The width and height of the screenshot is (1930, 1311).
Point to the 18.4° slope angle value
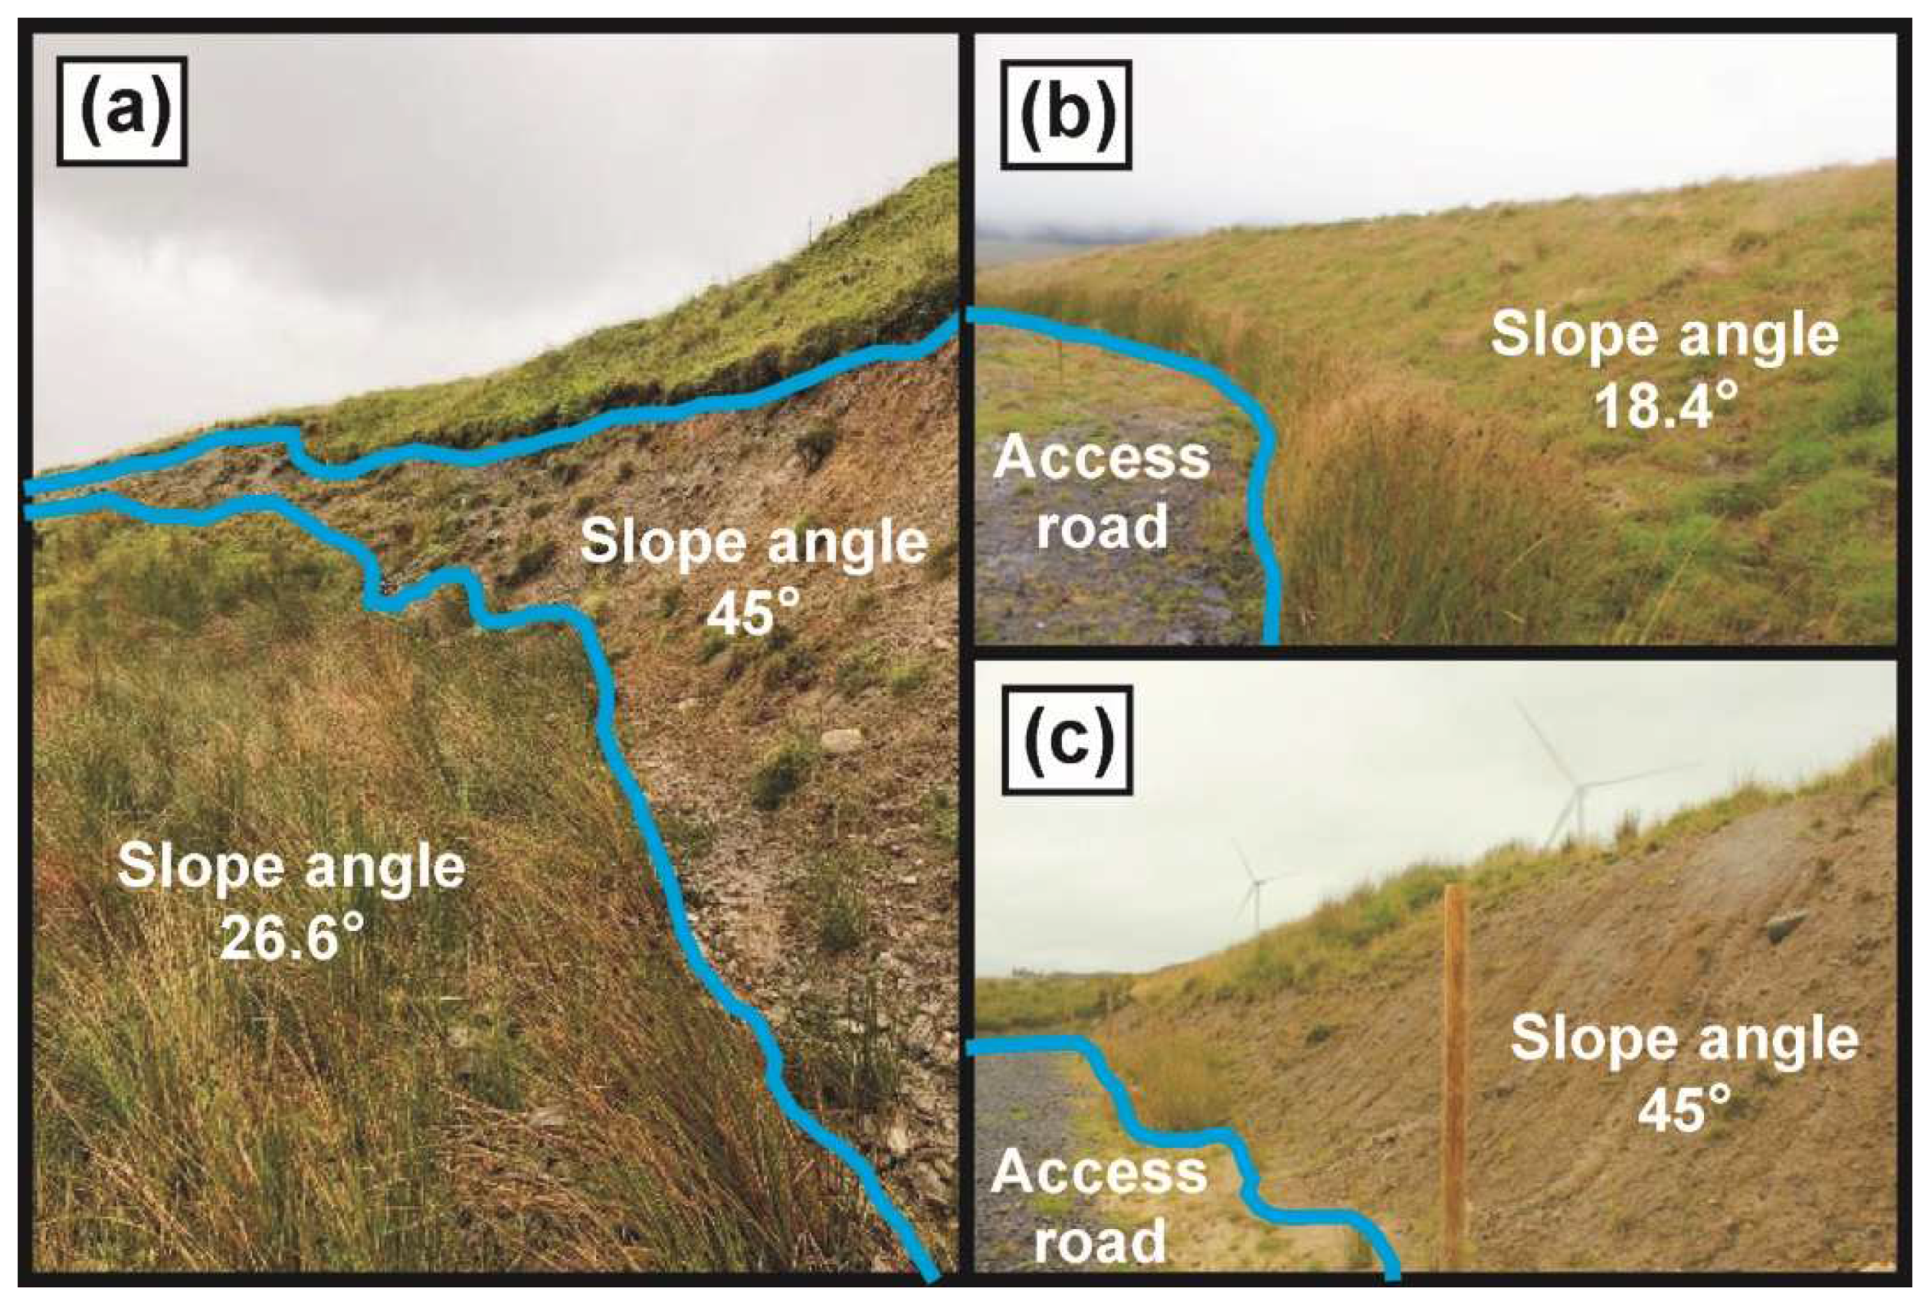click(1653, 406)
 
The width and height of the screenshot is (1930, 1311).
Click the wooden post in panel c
click(1454, 1080)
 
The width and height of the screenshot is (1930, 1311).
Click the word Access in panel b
click(1101, 458)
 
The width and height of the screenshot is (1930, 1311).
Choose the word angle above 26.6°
click(395, 868)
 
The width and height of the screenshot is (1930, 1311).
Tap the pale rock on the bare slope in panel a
click(840, 739)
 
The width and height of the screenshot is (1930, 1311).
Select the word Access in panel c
click(1099, 1173)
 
